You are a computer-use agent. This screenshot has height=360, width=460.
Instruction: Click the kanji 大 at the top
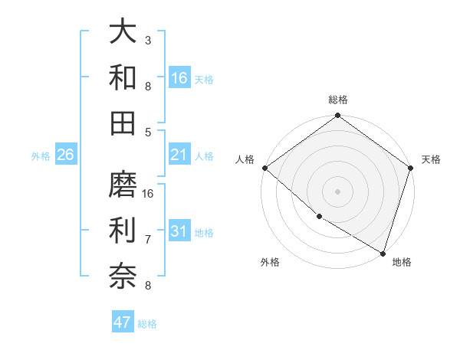tap(123, 32)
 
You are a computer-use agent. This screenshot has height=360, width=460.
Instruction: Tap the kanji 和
tap(123, 77)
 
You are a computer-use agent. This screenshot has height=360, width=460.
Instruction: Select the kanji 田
tap(123, 123)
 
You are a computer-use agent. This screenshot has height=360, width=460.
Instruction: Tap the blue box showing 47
tap(123, 323)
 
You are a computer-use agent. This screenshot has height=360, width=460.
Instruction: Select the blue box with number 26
tap(66, 155)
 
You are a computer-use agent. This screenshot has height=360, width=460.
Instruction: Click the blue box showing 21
tap(179, 155)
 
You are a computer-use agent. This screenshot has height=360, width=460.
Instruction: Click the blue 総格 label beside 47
tap(148, 324)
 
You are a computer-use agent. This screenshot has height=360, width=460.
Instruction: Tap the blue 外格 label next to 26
tap(41, 156)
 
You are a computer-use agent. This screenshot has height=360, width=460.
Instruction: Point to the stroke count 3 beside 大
tap(148, 40)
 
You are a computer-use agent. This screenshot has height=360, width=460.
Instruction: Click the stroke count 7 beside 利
tap(148, 240)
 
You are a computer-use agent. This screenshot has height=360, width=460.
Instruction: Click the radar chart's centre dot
tap(337, 191)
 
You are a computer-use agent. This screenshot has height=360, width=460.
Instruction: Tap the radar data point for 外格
tap(319, 217)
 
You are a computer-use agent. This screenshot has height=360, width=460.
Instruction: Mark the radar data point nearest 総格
tap(337, 116)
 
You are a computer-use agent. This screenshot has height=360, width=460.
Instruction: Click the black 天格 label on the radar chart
tap(431, 159)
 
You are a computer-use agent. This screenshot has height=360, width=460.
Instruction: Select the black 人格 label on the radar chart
tap(245, 159)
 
